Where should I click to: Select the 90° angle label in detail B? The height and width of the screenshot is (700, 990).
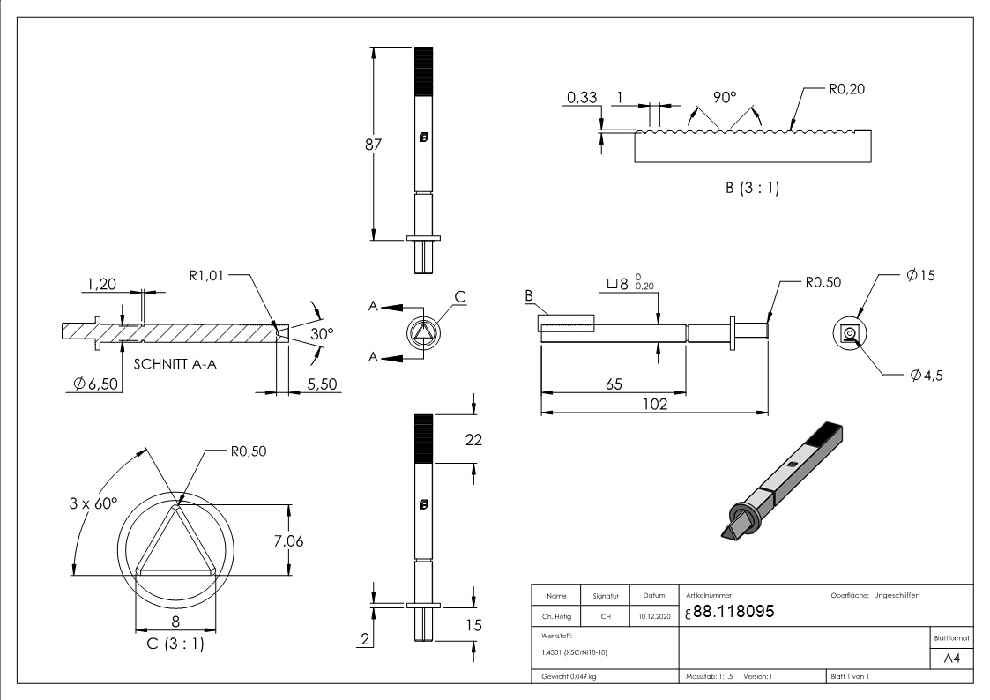tap(724, 98)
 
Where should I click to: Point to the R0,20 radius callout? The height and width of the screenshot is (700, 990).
tap(845, 90)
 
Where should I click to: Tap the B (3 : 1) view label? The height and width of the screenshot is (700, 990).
tap(752, 188)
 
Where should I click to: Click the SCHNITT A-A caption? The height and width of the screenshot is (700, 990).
tap(175, 362)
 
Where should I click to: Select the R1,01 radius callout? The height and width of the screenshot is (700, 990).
tap(207, 275)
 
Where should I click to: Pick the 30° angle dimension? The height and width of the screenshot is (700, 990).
tap(322, 334)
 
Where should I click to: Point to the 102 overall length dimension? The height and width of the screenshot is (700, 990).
tap(653, 404)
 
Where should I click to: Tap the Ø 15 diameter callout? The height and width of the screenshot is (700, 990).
tap(920, 275)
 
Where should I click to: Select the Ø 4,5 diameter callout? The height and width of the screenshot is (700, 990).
tap(927, 376)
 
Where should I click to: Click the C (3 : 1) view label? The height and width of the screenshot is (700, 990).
tap(175, 644)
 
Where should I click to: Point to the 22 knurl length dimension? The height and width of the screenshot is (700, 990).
tap(473, 439)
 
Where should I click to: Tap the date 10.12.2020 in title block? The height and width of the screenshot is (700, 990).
tap(654, 616)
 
